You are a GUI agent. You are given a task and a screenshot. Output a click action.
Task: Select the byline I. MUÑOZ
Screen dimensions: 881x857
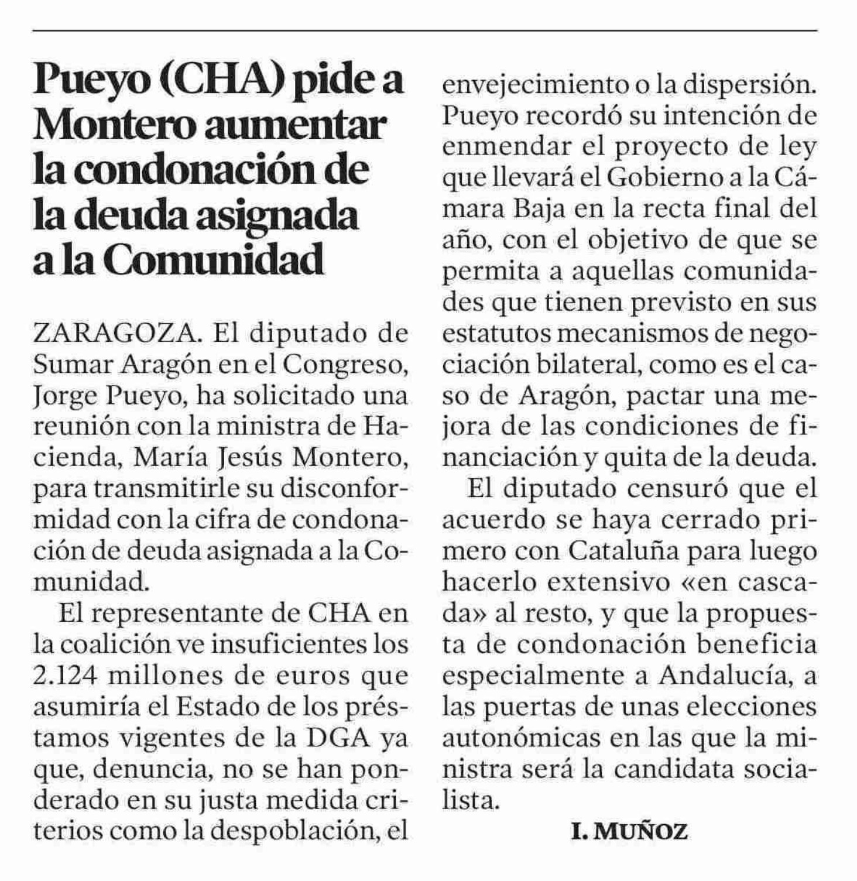[629, 831]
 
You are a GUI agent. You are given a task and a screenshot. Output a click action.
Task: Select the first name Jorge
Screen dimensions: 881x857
[64, 396]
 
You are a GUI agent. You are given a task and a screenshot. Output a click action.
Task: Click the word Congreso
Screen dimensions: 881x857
[345, 365]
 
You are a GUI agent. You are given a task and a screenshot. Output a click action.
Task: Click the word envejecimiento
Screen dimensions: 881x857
[532, 85]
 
